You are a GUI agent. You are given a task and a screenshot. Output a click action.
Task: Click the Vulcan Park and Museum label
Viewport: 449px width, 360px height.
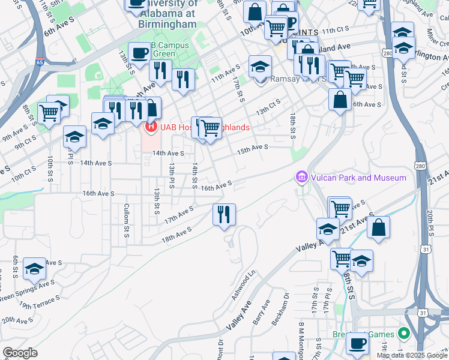pos(358,178)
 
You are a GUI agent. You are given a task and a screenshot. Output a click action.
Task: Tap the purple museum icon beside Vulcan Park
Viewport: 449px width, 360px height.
pos(301,177)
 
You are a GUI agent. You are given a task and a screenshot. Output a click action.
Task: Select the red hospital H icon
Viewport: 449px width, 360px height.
pos(151,127)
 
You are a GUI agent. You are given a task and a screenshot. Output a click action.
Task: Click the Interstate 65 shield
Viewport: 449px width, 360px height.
pos(39,62)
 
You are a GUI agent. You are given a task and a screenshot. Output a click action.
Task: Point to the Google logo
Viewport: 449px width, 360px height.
pos(20,353)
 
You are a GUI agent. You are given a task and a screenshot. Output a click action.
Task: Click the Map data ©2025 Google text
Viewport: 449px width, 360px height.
pos(411,355)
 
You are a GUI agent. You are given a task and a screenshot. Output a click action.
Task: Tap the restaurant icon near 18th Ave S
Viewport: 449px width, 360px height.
pos(224,214)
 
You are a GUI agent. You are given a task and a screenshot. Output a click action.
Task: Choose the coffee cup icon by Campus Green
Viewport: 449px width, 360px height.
pos(139,53)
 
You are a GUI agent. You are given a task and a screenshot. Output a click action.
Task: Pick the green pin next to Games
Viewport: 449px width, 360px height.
pos(405,334)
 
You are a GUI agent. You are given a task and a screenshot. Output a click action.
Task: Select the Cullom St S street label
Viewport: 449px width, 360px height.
pos(127,220)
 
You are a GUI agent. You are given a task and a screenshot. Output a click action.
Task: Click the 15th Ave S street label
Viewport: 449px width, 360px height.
pos(252,148)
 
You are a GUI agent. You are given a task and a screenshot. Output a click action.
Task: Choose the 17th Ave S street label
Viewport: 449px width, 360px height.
pos(179,215)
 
